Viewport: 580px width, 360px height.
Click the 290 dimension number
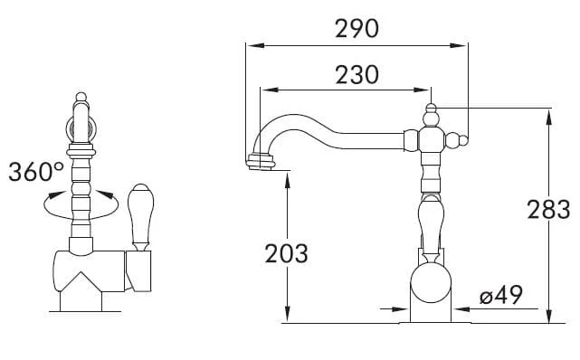coord(357,29)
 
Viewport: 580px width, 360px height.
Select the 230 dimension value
coord(357,75)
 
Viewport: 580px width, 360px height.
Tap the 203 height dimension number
coord(286,253)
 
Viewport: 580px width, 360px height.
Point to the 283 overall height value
coord(548,210)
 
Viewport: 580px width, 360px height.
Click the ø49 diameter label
coord(501,295)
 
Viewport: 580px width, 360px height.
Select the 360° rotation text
coord(36,172)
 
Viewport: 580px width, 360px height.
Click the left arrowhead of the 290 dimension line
coord(255,45)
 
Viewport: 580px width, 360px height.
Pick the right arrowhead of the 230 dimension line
coord(422,90)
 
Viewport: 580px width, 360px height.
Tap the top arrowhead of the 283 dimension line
coord(549,118)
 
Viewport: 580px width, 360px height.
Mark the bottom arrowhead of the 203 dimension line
coord(288,315)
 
